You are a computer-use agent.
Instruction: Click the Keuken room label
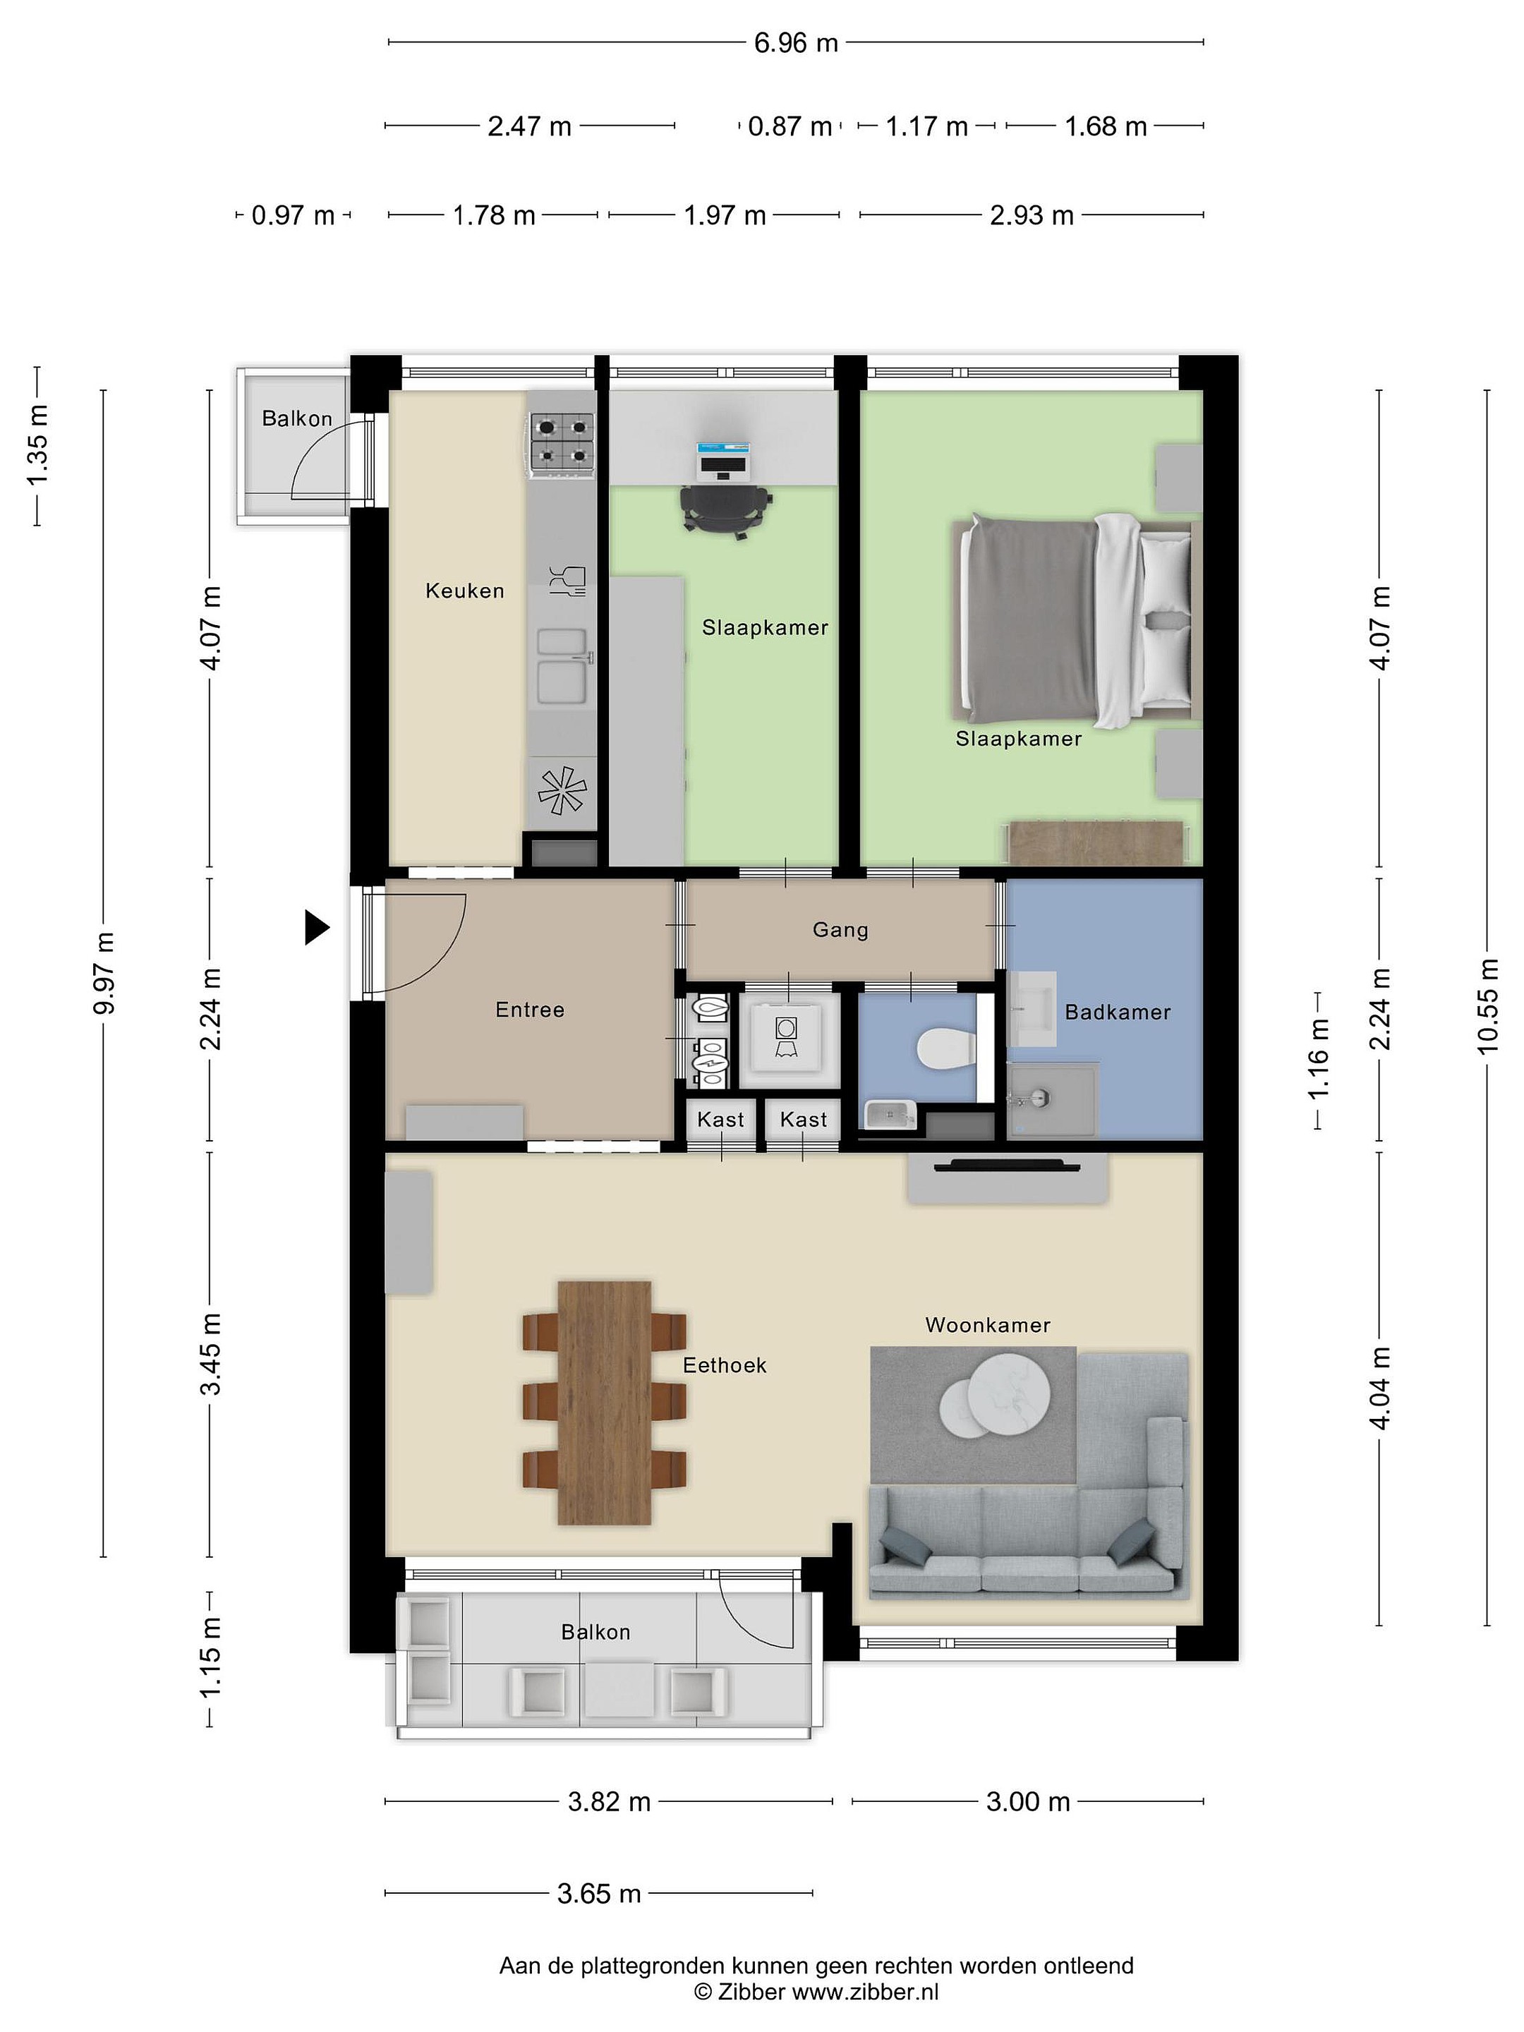point(464,591)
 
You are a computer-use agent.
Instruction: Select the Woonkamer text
point(988,1324)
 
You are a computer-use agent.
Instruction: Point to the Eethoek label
point(724,1365)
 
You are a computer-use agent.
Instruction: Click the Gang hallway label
point(840,930)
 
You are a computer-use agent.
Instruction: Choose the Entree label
point(529,1010)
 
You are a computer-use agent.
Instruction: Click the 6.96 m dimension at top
point(796,43)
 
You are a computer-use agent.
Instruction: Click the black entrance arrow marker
point(317,927)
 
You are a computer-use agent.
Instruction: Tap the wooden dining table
point(605,1403)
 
